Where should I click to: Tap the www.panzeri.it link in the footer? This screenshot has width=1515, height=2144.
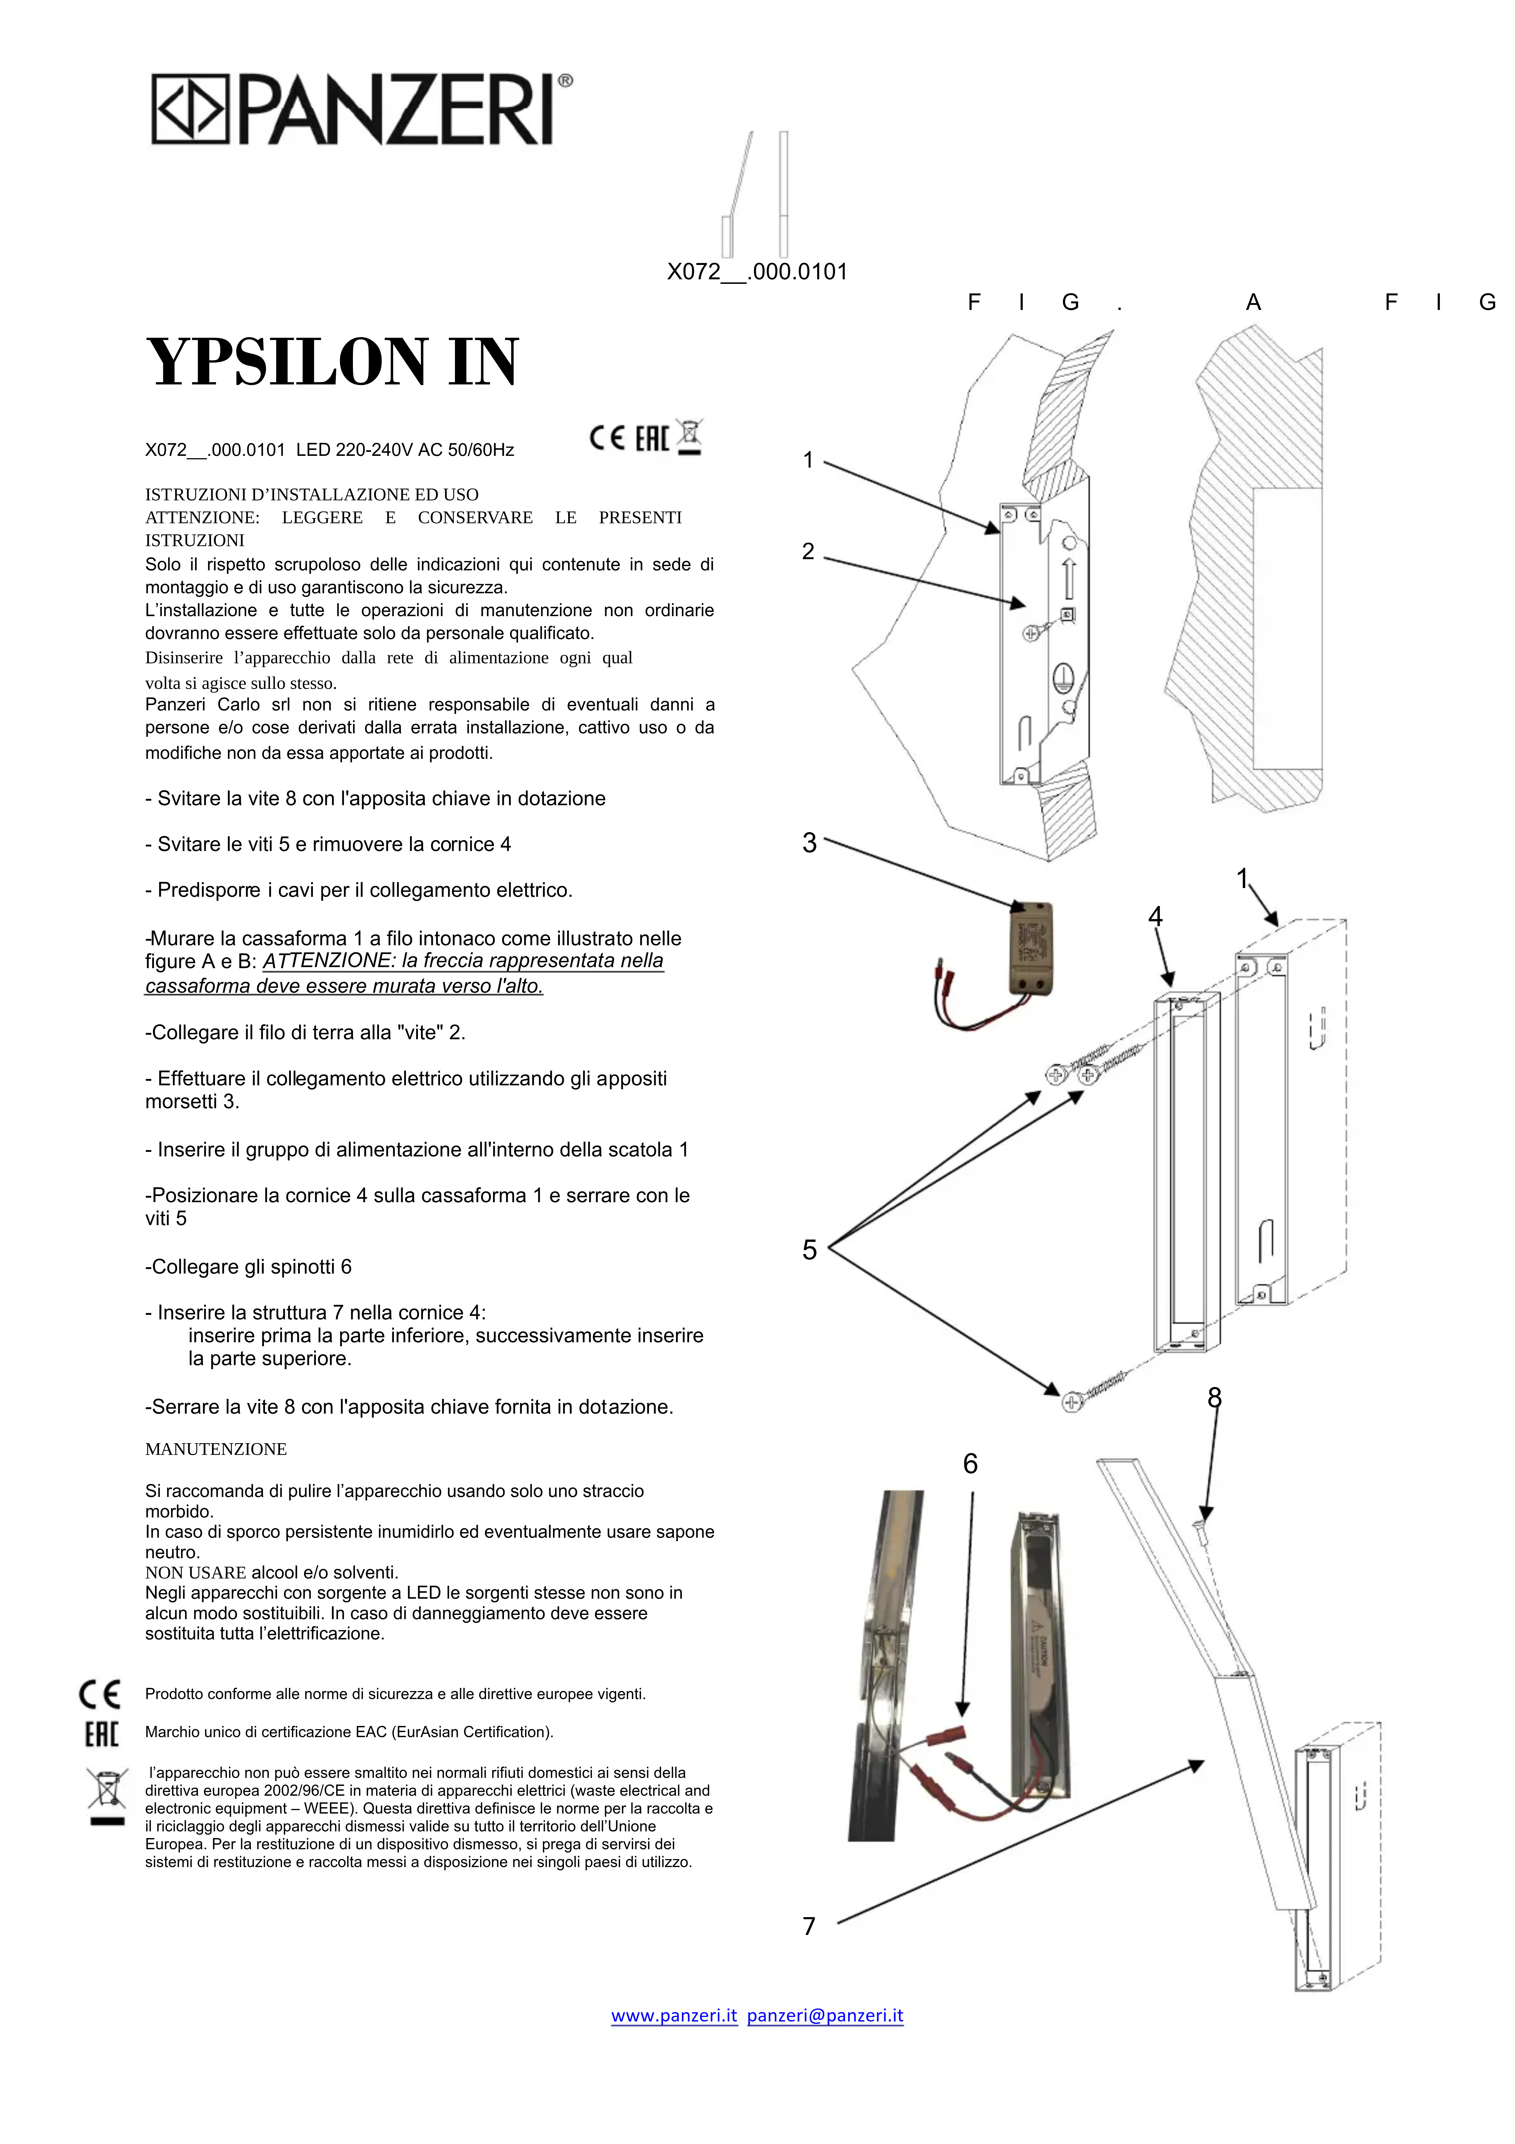pyautogui.click(x=673, y=2015)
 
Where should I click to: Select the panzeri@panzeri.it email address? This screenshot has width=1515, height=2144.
pyautogui.click(x=825, y=2015)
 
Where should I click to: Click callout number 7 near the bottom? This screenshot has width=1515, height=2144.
pyautogui.click(x=809, y=1925)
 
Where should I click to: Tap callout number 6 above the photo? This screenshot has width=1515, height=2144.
pyautogui.click(x=971, y=1463)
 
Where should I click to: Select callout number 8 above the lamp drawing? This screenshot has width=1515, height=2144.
pyautogui.click(x=1214, y=1398)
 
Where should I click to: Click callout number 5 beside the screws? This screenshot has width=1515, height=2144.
pyautogui.click(x=809, y=1249)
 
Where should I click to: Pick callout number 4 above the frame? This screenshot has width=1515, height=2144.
pyautogui.click(x=1155, y=917)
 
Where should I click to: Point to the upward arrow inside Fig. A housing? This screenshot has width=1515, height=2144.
pyautogui.click(x=1069, y=579)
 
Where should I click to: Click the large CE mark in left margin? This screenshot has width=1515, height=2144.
pyautogui.click(x=99, y=1694)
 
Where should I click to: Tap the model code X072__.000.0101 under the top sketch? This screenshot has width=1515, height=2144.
pyautogui.click(x=756, y=272)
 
